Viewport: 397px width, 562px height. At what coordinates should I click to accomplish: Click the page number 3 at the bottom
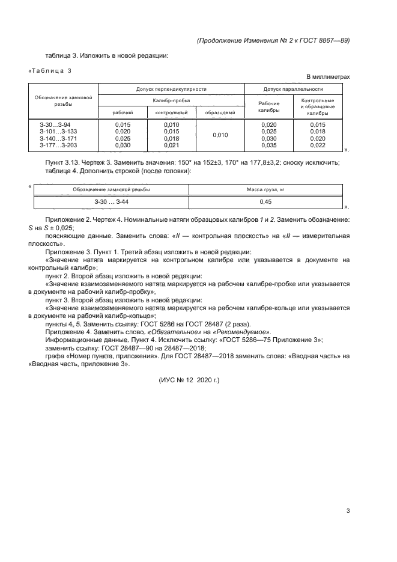[348, 512]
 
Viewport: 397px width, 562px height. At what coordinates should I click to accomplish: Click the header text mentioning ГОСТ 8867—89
[273, 40]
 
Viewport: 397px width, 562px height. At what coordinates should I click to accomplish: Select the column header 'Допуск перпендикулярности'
[171, 89]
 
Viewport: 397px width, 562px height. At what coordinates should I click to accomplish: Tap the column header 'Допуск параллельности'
[294, 89]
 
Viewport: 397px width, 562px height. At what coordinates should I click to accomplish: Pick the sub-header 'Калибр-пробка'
[171, 100]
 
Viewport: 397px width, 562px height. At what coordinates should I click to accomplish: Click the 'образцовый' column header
[220, 112]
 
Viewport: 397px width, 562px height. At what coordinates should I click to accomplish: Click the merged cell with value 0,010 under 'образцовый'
[220, 135]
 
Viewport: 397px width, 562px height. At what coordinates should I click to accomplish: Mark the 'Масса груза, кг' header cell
[265, 189]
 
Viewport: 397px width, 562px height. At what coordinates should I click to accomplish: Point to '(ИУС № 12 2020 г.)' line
[189, 380]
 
